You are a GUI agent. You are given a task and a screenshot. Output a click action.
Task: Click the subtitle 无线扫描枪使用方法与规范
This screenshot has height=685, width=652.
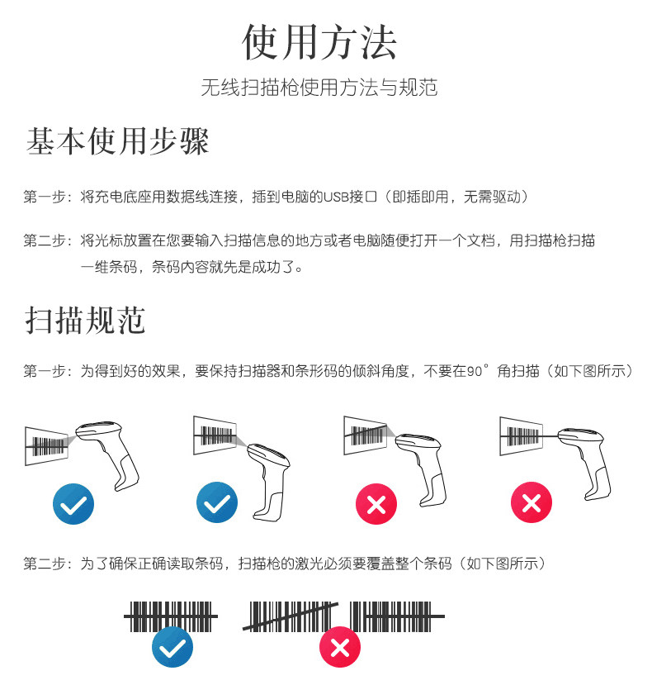(x=319, y=88)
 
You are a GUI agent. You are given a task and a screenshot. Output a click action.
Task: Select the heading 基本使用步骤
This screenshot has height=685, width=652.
(x=118, y=142)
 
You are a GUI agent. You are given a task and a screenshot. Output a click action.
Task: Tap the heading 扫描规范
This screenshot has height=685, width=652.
(x=86, y=320)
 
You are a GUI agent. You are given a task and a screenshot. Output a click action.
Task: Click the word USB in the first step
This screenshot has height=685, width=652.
(x=337, y=197)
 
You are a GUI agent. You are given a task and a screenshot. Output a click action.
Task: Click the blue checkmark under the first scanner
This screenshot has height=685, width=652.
(x=73, y=502)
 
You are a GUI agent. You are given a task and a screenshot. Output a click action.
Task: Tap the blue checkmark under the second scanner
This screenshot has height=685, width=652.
(x=217, y=502)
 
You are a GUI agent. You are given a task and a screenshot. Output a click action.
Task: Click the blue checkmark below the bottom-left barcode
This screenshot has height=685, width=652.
(x=172, y=647)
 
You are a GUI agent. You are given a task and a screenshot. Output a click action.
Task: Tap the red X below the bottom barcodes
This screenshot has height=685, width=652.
(x=340, y=647)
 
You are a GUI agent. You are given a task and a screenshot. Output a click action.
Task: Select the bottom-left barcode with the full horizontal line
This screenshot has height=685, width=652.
(x=171, y=616)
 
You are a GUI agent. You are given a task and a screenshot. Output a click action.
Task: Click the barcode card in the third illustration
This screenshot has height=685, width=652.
(x=364, y=434)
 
